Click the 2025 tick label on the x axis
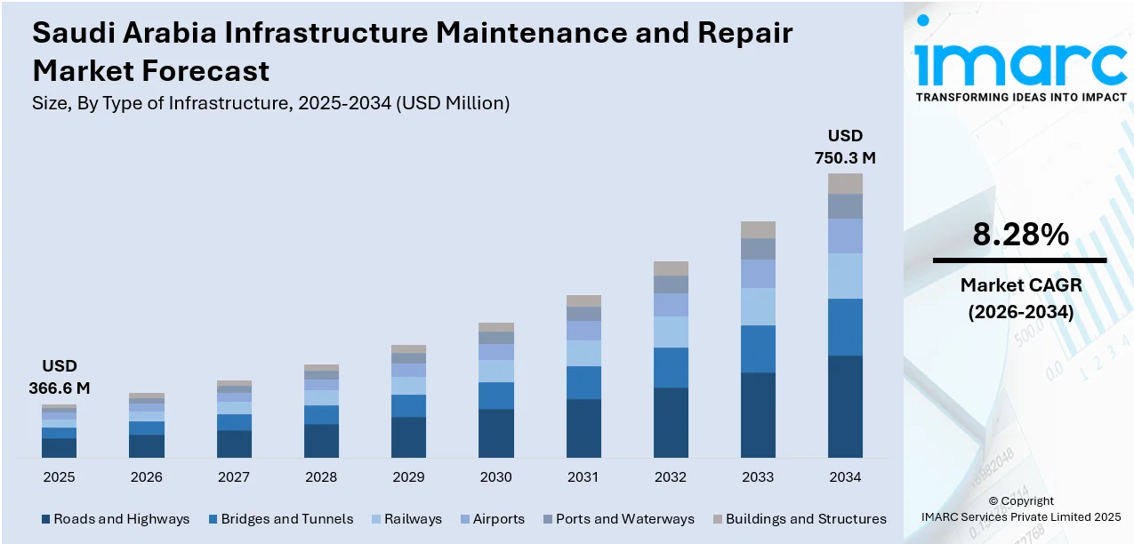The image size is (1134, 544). tap(59, 477)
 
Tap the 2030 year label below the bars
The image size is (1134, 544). tap(495, 477)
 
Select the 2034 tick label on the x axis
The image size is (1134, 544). tap(845, 477)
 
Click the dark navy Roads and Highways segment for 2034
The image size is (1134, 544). tap(845, 406)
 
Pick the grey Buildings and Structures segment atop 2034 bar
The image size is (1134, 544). tap(845, 183)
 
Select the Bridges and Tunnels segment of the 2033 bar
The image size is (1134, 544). tap(758, 348)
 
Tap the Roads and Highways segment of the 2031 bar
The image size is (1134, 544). tap(583, 428)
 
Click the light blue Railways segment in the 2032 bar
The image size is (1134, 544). tap(671, 332)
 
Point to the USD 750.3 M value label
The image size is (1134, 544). tap(845, 148)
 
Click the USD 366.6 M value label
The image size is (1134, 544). tap(60, 378)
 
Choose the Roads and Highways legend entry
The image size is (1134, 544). tap(115, 519)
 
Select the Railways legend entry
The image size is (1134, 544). tap(407, 519)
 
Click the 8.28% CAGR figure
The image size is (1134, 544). tap(1020, 235)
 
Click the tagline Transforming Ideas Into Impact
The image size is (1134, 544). tap(1021, 97)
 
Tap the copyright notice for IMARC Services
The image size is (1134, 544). tap(1020, 508)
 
